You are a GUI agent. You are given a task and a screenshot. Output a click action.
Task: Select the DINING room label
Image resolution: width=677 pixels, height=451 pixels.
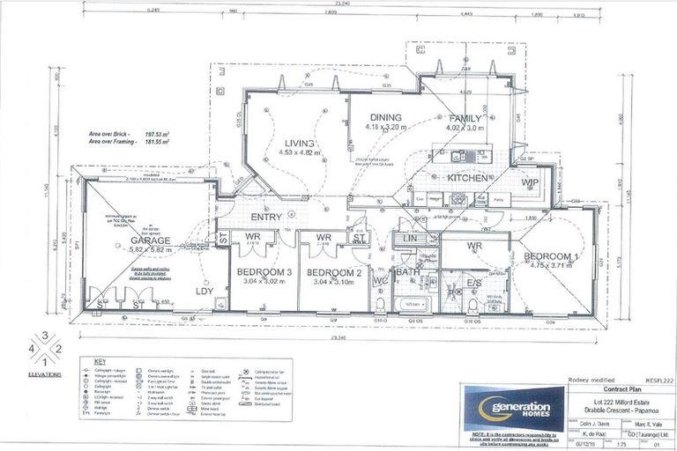(x=385, y=117)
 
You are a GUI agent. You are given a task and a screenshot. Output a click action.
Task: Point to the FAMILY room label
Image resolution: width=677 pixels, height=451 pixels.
(x=465, y=118)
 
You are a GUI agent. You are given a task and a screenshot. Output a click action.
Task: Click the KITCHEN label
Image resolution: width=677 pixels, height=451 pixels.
(x=467, y=178)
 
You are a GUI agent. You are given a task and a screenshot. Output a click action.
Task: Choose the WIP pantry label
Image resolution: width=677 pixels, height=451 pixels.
(x=530, y=181)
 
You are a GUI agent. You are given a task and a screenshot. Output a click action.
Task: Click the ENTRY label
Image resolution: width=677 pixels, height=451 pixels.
(x=266, y=217)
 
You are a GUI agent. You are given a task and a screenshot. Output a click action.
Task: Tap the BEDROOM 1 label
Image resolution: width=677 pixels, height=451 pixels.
(x=551, y=256)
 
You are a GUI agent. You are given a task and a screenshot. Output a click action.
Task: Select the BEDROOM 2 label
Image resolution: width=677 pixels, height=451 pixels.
(x=336, y=272)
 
